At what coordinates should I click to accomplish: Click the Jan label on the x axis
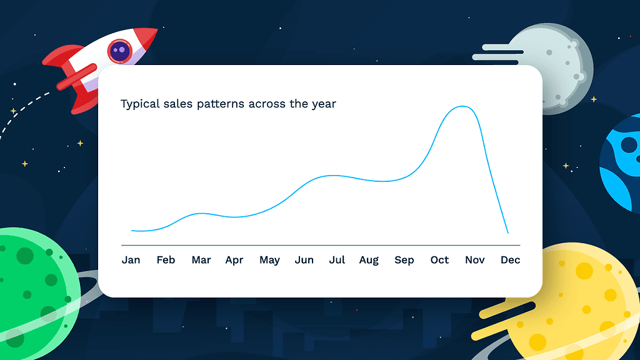(x=131, y=260)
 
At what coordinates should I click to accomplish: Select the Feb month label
(x=166, y=260)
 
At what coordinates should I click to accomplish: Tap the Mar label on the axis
(x=201, y=260)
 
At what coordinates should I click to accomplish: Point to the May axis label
(x=269, y=261)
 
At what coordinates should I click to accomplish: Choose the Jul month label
(x=337, y=260)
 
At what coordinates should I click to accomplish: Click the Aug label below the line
(x=369, y=261)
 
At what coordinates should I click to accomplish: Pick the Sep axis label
(x=404, y=261)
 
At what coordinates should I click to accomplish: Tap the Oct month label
(x=439, y=260)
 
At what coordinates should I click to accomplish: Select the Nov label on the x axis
(x=475, y=260)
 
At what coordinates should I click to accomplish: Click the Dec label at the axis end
(x=510, y=260)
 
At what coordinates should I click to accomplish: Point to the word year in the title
(x=324, y=104)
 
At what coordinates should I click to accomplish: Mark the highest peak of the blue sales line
(x=462, y=107)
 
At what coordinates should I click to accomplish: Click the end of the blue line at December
(x=508, y=233)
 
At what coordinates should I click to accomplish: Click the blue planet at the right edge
(x=622, y=162)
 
